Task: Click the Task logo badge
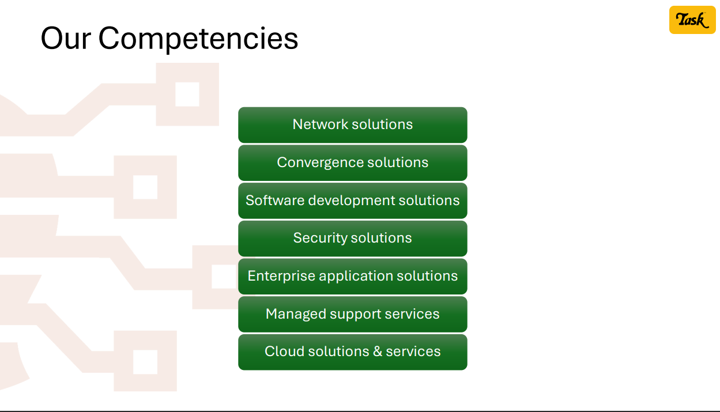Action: (x=692, y=20)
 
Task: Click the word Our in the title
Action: (x=66, y=39)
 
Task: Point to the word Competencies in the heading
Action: (x=198, y=40)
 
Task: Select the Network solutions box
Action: (x=353, y=125)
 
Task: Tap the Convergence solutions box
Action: (x=353, y=163)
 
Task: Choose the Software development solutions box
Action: (x=353, y=201)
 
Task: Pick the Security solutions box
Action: (x=353, y=239)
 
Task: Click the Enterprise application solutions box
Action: (x=353, y=277)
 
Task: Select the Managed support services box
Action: (x=353, y=314)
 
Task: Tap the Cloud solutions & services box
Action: (x=353, y=352)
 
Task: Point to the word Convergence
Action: (x=320, y=163)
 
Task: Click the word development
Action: (x=351, y=201)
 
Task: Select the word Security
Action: (x=320, y=239)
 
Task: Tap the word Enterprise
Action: (x=281, y=277)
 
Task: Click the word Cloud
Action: (x=284, y=351)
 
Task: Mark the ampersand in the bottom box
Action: (x=378, y=351)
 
